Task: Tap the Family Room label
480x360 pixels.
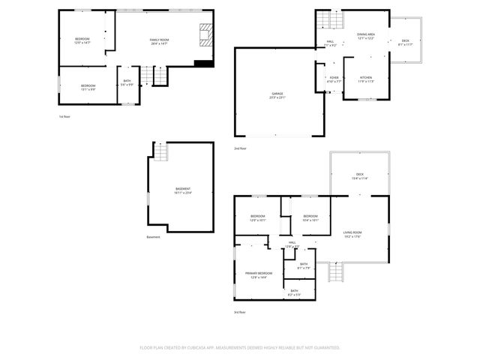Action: click(x=159, y=41)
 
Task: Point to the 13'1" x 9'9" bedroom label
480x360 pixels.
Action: click(x=88, y=88)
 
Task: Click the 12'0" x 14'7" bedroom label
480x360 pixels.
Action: click(x=82, y=40)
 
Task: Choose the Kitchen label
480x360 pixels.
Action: click(x=366, y=79)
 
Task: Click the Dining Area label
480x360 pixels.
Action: click(x=366, y=37)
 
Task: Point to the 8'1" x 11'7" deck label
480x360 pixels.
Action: click(x=405, y=43)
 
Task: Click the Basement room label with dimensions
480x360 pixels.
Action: click(x=183, y=190)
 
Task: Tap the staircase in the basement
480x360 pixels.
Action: click(x=161, y=152)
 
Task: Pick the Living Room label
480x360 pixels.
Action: click(x=352, y=235)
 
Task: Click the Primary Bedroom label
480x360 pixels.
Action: click(x=259, y=275)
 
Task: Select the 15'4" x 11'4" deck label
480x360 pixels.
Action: click(x=359, y=175)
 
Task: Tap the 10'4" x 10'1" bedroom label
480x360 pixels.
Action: click(x=310, y=218)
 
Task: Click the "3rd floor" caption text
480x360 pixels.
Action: click(x=240, y=311)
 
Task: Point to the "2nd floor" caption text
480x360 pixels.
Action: click(x=240, y=148)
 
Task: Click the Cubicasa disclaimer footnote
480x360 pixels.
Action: click(x=240, y=348)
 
